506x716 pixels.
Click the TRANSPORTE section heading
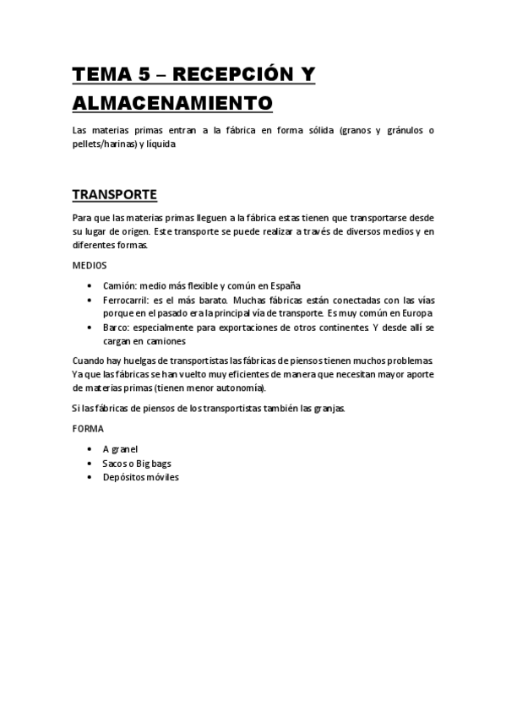coord(114,194)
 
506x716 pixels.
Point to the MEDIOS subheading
coord(89,265)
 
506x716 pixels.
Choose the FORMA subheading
coord(88,429)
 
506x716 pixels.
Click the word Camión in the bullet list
coord(118,285)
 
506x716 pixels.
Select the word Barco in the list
coord(117,326)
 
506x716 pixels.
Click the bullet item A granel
coord(120,449)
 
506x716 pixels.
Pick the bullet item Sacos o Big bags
coord(137,463)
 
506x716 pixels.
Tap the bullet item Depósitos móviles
coord(140,476)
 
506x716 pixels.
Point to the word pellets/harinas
coord(105,144)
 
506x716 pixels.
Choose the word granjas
coord(325,409)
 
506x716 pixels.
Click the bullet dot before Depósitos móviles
coord(90,476)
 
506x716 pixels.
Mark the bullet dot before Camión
coord(90,285)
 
